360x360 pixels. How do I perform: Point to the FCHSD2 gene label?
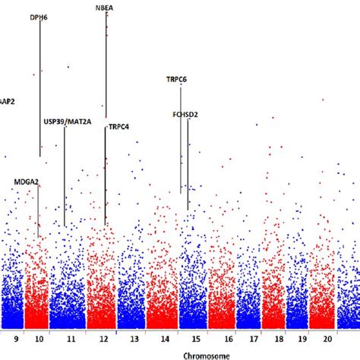(185, 115)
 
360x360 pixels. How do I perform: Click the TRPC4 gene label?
(118, 127)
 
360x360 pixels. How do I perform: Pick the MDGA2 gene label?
(27, 182)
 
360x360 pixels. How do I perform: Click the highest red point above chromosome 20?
(324, 99)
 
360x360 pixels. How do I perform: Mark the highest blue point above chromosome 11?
(69, 67)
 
